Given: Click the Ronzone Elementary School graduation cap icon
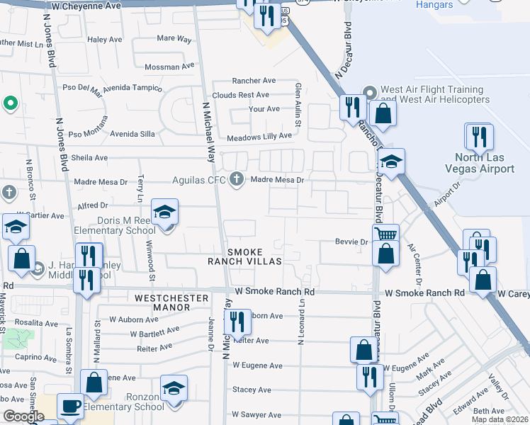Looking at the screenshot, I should [174, 389].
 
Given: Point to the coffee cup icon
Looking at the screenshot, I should [69, 406].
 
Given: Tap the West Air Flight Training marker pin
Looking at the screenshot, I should [369, 93].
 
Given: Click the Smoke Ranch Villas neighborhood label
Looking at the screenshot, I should [244, 256].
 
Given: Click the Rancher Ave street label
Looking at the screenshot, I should [254, 81].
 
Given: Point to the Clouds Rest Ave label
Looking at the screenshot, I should [241, 95].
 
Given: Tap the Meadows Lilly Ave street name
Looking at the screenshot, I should [259, 136].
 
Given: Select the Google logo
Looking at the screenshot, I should [23, 416].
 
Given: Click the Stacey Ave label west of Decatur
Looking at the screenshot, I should [252, 390].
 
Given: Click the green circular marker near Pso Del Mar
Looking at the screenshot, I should [10, 104].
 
